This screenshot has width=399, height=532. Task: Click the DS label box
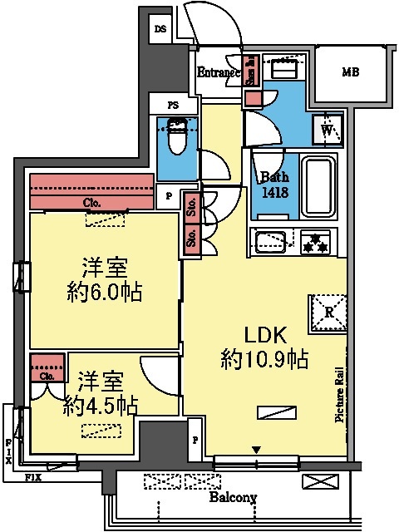(x=160, y=29)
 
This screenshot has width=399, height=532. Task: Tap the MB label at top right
(x=350, y=72)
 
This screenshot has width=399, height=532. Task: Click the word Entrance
(x=218, y=73)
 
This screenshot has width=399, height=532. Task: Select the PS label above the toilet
(x=173, y=106)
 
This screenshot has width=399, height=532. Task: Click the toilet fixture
(x=176, y=137)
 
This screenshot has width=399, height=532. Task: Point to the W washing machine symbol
(x=326, y=131)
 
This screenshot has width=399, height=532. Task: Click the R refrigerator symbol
(x=328, y=313)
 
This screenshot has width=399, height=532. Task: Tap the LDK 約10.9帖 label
(x=264, y=347)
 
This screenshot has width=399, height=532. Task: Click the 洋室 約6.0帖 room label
(x=104, y=280)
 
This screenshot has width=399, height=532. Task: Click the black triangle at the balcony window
(x=256, y=451)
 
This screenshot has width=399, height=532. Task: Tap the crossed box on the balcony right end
(x=319, y=481)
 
